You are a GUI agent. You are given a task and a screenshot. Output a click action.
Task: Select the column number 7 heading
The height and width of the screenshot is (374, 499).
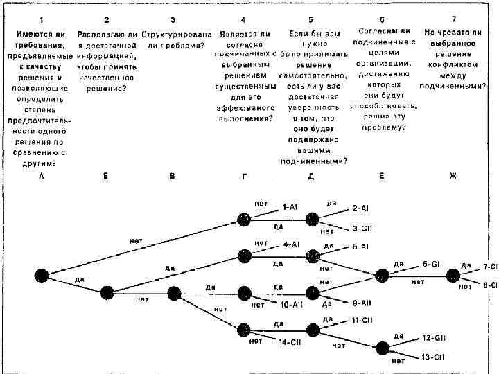[453, 19]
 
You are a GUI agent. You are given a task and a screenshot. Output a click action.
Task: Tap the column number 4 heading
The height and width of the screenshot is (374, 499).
[243, 19]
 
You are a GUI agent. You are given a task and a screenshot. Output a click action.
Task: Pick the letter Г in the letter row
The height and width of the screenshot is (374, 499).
[244, 177]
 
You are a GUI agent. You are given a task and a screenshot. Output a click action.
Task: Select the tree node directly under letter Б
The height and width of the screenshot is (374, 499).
[107, 292]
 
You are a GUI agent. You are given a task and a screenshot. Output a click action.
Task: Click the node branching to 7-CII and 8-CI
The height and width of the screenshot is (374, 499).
[453, 275]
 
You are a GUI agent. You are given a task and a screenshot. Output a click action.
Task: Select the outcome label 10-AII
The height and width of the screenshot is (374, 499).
[291, 304]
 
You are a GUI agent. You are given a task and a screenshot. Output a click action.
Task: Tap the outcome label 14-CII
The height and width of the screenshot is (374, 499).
[290, 341]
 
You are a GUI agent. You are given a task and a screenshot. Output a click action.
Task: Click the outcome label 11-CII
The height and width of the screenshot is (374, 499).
[362, 320]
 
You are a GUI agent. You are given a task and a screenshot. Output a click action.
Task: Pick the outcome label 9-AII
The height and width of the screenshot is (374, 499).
[362, 303]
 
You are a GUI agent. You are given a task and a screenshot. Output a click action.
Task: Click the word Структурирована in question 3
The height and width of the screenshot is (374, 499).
[173, 33]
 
